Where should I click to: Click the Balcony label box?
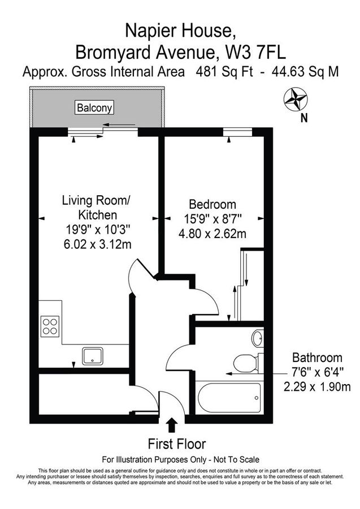tap(95, 107)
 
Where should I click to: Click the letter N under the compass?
tap(304, 118)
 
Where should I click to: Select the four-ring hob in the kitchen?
tap(50, 327)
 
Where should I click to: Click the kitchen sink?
tap(93, 356)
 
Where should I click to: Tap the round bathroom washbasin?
tap(257, 339)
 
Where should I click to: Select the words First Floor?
tap(177, 443)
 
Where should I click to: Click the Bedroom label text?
tap(212, 204)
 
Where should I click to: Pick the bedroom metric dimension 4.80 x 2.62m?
tap(212, 233)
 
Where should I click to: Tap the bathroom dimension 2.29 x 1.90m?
tap(317, 387)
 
